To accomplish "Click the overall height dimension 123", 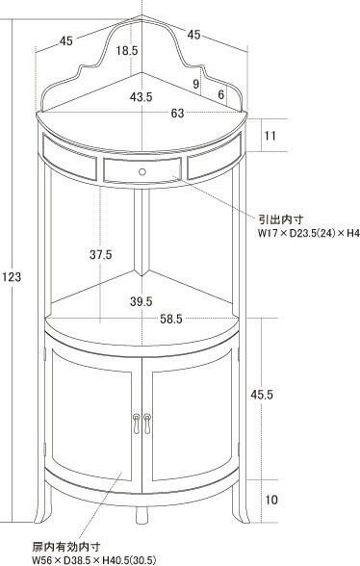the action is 12,277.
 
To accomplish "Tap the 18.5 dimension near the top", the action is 127,50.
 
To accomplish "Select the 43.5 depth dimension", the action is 141,97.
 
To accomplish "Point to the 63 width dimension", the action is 177,114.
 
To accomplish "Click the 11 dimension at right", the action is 270,136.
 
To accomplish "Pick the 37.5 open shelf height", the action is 101,255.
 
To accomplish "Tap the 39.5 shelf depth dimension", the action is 141,301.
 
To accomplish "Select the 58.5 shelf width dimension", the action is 171,320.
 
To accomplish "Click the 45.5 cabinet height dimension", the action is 262,395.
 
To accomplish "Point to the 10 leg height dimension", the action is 271,500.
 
